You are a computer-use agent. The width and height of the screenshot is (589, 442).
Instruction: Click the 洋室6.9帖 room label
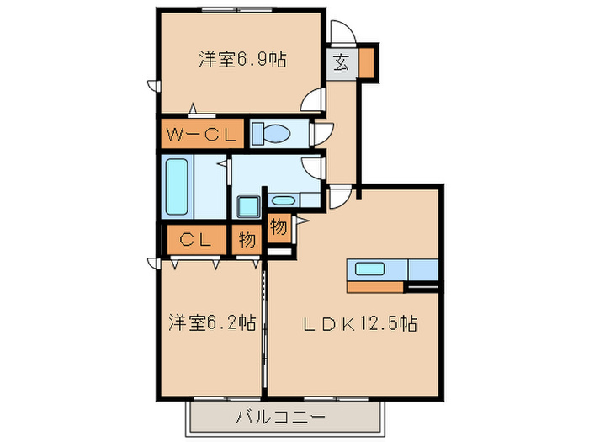tap(241, 60)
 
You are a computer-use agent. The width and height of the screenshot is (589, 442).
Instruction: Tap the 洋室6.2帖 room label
tap(211, 322)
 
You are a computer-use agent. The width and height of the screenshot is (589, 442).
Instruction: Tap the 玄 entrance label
tap(342, 62)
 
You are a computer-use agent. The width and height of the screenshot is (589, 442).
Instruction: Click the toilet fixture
tap(271, 133)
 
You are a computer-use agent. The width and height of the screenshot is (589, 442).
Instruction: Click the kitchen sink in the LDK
tap(369, 269)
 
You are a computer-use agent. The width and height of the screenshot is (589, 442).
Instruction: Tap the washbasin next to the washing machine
tap(284, 200)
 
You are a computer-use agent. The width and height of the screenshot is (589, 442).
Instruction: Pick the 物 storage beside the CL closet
tap(246, 239)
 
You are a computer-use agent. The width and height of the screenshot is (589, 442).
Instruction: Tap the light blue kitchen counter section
tap(423, 269)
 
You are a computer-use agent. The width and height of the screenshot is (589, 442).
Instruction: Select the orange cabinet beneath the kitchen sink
tap(375, 286)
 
